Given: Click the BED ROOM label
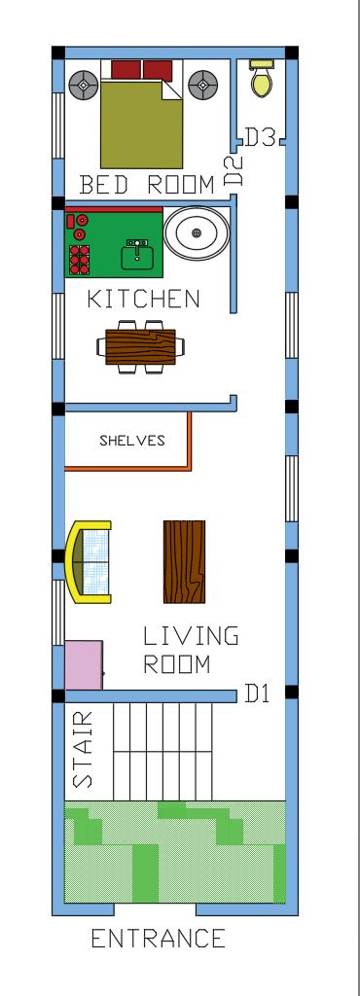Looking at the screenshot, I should point(147,184).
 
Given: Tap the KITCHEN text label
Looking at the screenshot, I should point(144,299).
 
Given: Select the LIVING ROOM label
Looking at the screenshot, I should point(190,651).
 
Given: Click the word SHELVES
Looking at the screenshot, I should point(132,441).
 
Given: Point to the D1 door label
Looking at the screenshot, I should point(257,694).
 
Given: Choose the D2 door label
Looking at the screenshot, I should point(234,171).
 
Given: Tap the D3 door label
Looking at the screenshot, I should point(260,138).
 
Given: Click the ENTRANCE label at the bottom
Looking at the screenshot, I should point(159,940).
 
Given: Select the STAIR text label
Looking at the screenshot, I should point(84,749).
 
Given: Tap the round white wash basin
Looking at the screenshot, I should point(197,233).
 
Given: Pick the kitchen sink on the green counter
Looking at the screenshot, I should point(138,255).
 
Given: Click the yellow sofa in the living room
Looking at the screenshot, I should point(89,562).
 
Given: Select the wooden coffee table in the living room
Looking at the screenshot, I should point(184,561).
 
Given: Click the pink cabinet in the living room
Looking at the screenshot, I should point(84,665).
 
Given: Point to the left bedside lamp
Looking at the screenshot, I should point(82,85).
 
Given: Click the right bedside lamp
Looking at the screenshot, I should point(202,84).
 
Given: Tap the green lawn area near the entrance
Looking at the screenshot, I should point(175,852).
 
